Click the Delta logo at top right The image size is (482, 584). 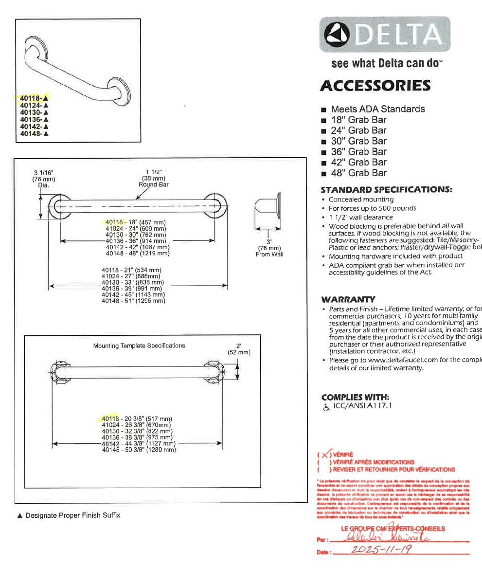pos(384,34)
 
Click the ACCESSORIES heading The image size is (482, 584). pos(375,86)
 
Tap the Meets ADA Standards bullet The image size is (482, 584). pos(377,109)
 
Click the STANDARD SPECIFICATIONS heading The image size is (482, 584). pos(386,189)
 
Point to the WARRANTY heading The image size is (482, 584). pos(348,299)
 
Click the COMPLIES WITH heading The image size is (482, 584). pos(355,397)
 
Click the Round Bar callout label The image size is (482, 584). pos(154,184)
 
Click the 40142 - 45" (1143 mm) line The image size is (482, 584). pos(133,294)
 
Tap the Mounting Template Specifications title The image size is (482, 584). pos(139,346)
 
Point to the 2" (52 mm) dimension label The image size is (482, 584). pos(239,349)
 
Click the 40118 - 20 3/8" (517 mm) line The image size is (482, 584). pos(137,419)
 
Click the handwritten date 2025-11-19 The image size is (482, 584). pos(381,549)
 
